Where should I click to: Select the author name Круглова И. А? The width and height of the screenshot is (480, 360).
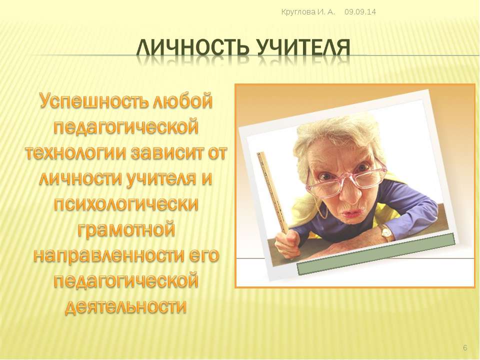(308, 12)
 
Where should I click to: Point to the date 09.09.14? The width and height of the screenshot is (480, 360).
(360, 12)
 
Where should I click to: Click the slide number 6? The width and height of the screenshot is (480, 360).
(465, 348)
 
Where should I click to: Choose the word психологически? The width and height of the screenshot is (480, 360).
(126, 204)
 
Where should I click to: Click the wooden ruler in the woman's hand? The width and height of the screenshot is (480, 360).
(273, 192)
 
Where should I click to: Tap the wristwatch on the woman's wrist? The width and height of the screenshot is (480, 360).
(386, 233)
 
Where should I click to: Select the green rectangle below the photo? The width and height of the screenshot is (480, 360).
(376, 254)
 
